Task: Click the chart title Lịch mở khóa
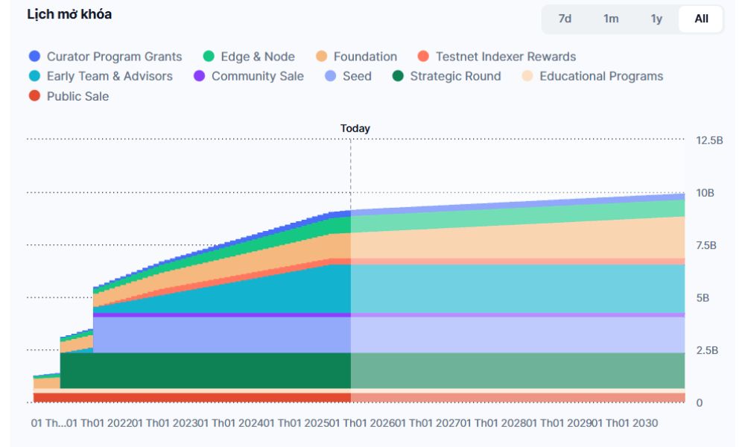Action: [69, 15]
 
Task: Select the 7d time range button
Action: [565, 19]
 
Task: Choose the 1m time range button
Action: [611, 19]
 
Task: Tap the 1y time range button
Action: [656, 19]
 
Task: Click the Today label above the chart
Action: [355, 128]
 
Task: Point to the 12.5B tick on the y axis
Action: [709, 140]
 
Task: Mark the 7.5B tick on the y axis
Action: [706, 245]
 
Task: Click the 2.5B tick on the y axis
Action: [706, 350]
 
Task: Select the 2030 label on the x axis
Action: [645, 423]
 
